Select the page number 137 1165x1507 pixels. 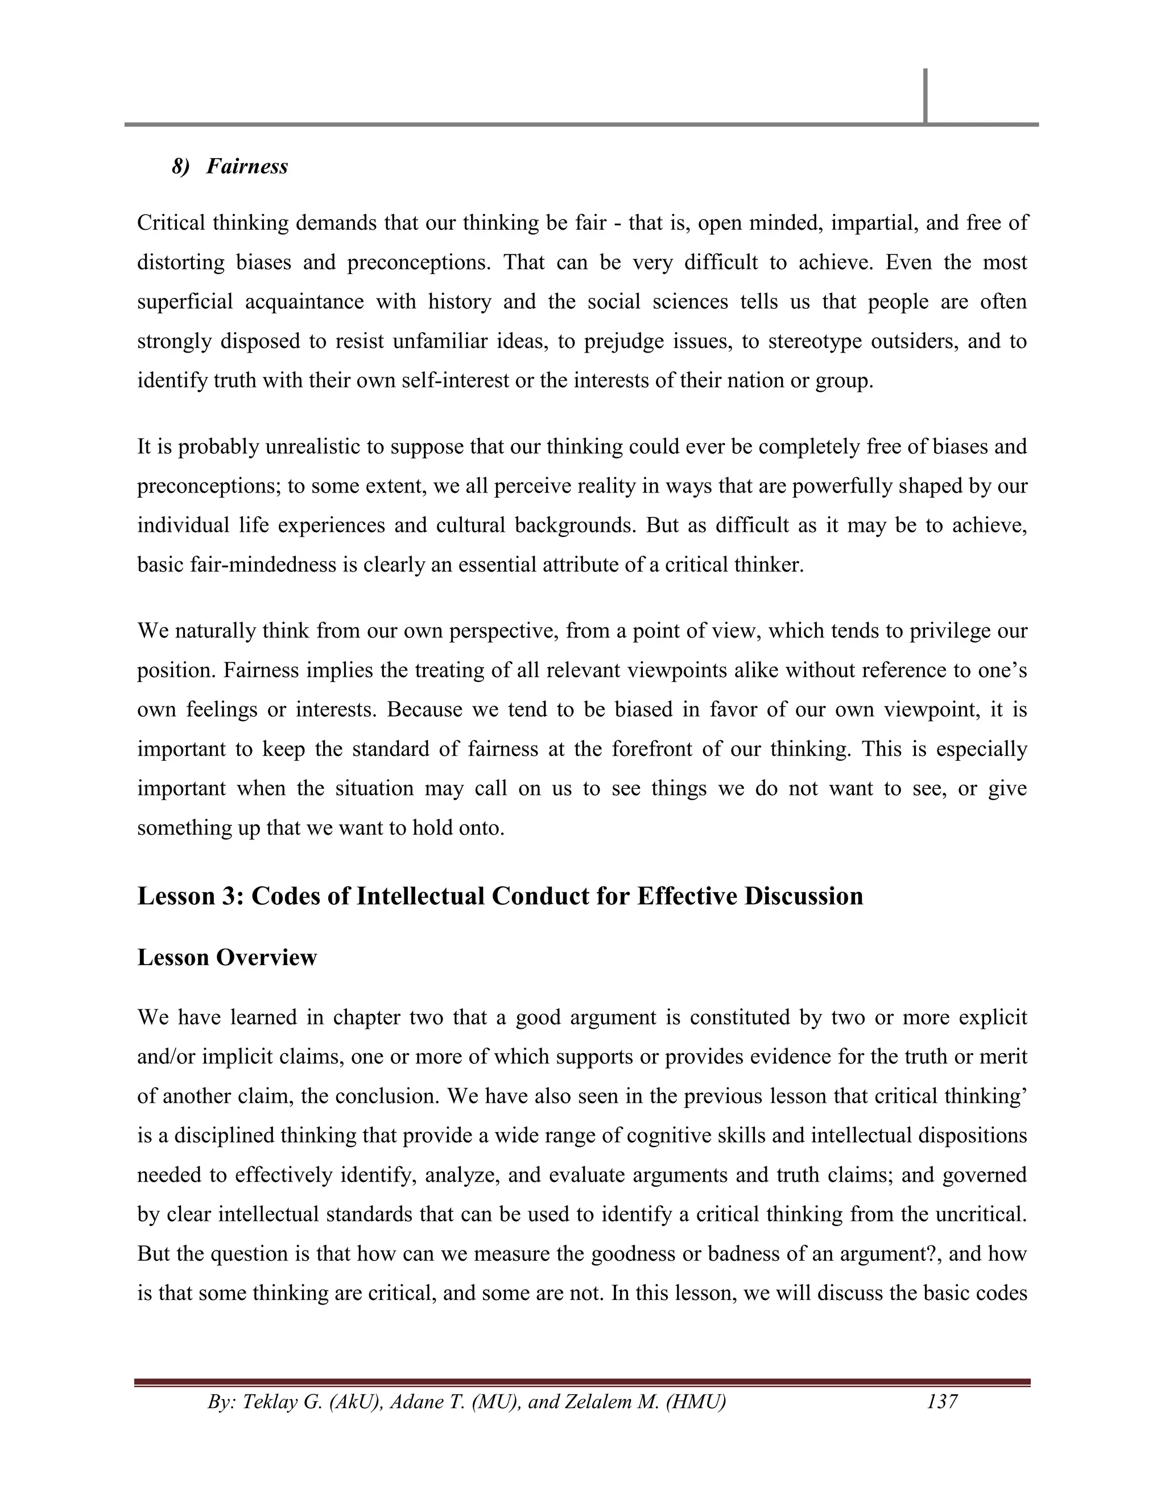click(942, 1402)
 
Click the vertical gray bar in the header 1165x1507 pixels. click(925, 96)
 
